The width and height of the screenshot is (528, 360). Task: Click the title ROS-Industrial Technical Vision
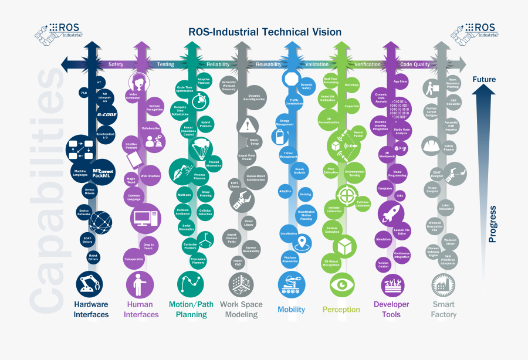click(x=263, y=32)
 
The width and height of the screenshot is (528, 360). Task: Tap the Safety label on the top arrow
click(x=116, y=64)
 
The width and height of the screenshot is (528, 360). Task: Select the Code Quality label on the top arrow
click(x=415, y=64)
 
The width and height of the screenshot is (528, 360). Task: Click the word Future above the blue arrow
click(x=484, y=79)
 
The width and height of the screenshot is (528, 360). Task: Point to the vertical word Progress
click(x=493, y=223)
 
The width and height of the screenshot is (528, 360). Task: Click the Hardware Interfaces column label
click(x=91, y=310)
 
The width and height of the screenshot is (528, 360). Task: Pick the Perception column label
click(x=341, y=310)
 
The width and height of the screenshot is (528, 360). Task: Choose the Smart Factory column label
click(x=444, y=310)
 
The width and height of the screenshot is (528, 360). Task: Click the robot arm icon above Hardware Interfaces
click(x=90, y=285)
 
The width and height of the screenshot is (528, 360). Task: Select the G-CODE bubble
click(x=107, y=115)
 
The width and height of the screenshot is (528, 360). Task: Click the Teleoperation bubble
click(x=134, y=259)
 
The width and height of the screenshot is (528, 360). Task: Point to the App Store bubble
click(x=400, y=81)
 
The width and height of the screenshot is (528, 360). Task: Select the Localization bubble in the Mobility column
click(x=288, y=233)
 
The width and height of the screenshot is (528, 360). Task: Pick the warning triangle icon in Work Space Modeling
click(x=248, y=125)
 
